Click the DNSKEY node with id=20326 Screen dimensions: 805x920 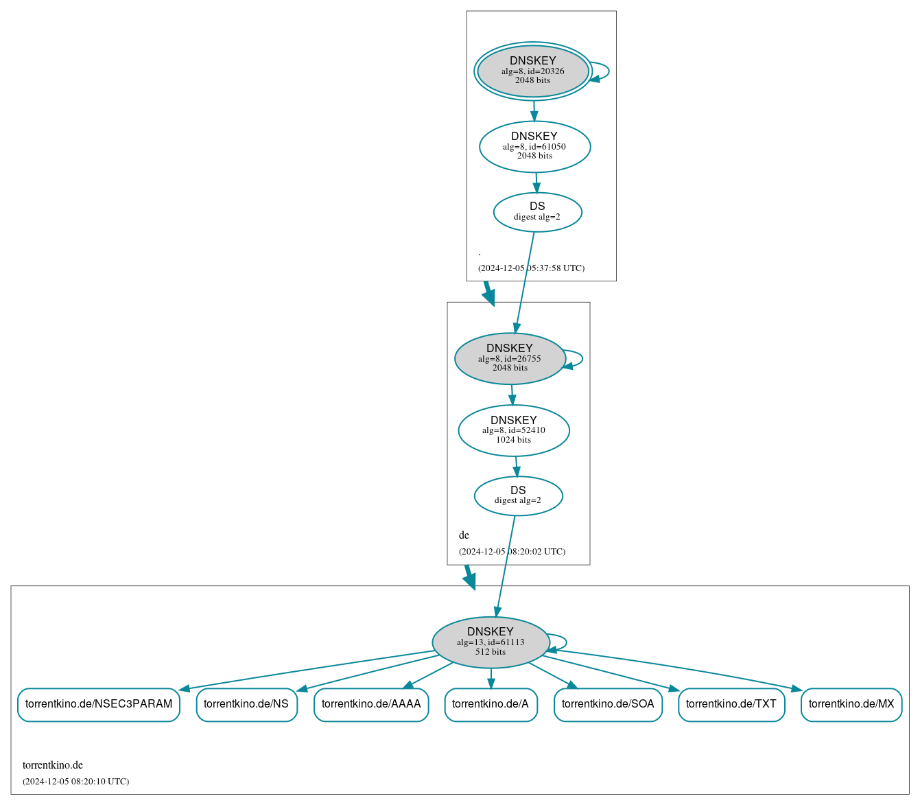[532, 71]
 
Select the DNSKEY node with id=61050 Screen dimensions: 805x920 [534, 146]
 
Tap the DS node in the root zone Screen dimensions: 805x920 [537, 212]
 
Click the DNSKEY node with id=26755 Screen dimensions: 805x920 [510, 358]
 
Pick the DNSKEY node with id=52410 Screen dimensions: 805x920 [513, 430]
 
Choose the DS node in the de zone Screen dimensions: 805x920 [518, 495]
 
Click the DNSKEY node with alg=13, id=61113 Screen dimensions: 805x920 [491, 642]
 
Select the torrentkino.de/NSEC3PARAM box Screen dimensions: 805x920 [99, 704]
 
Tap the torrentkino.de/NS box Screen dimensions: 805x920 [246, 704]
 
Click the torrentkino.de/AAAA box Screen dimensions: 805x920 [371, 704]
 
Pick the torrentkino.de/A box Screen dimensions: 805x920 [491, 704]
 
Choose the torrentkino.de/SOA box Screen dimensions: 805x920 [608, 704]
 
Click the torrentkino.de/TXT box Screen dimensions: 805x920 [731, 704]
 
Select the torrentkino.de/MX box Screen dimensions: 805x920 [851, 704]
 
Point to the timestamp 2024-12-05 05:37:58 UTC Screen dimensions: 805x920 [531, 268]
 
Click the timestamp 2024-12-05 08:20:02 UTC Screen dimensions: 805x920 [512, 552]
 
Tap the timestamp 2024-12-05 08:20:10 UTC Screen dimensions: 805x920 [75, 782]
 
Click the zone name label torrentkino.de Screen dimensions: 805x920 [53, 765]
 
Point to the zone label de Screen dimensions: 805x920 [464, 535]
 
